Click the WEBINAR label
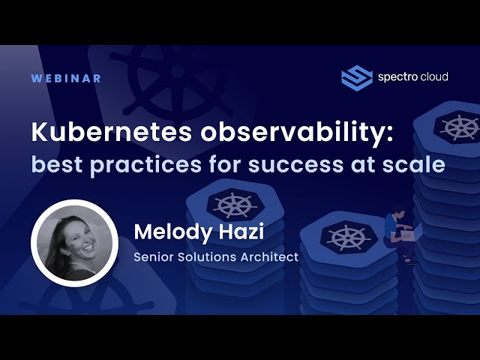(66, 78)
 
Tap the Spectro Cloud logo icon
(357, 77)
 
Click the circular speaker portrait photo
(74, 243)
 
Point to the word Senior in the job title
(154, 257)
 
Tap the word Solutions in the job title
(204, 257)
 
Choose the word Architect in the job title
(265, 257)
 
